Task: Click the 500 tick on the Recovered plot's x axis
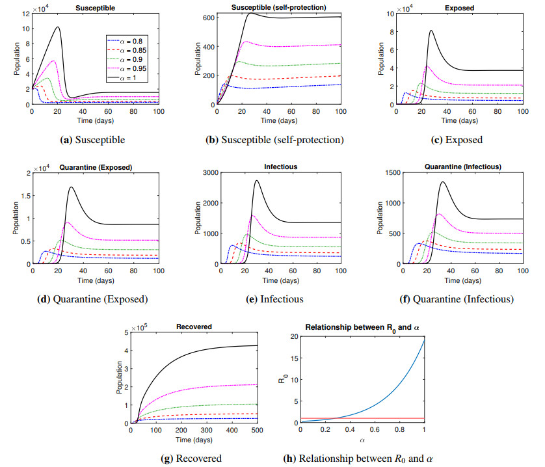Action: [258, 429]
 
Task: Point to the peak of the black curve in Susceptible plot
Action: [59, 27]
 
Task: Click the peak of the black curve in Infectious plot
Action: [257, 181]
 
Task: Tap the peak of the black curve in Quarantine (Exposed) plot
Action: [71, 187]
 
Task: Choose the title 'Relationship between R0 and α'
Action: [362, 327]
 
